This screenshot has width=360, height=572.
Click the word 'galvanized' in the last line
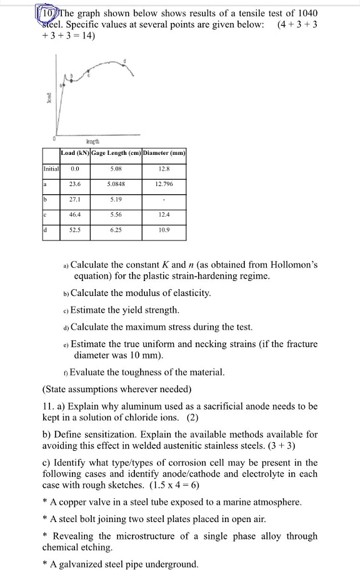(x=100, y=565)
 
